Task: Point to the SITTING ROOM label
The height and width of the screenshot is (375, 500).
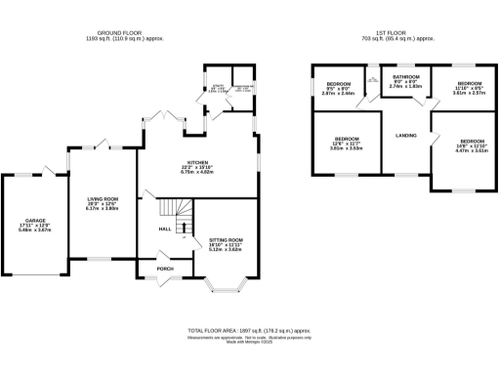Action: [x=226, y=242]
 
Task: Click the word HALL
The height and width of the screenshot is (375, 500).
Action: [x=166, y=229]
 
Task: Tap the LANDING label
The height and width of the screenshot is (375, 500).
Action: [x=406, y=136]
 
